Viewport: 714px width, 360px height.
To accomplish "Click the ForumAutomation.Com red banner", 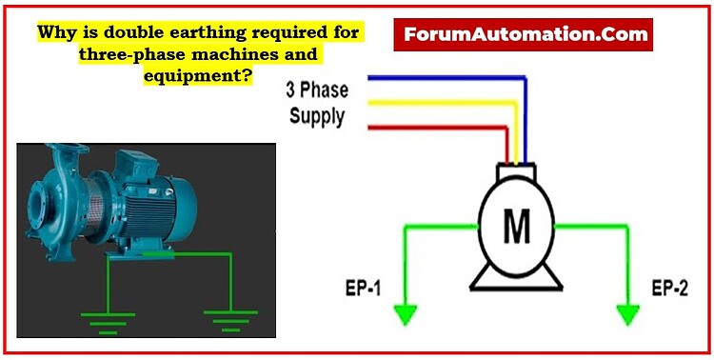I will coord(526,35).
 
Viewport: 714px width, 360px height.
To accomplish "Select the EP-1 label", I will coord(364,286).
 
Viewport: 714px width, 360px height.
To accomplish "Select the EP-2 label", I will coord(668,286).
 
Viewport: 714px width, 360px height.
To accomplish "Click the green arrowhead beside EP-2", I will coord(627,312).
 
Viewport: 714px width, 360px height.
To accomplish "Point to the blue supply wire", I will coord(447,77).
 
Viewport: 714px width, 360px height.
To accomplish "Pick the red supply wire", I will coord(428,126).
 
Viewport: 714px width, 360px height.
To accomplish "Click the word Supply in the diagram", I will coord(317,117).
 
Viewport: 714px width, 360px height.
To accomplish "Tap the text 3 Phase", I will coord(317,91).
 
